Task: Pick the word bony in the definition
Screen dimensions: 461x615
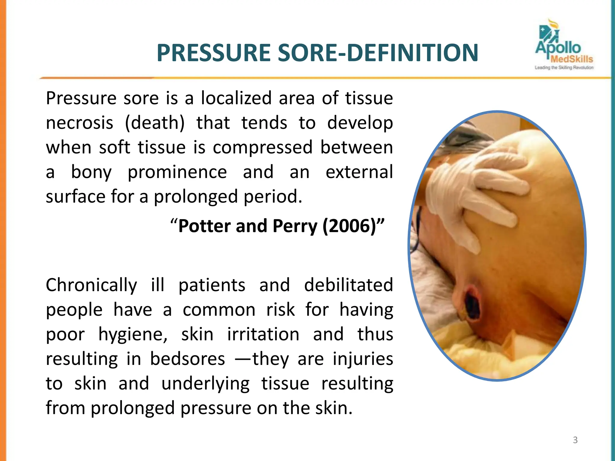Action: coord(91,172)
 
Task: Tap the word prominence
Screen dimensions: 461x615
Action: coord(177,172)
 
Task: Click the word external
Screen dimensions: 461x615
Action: coord(359,172)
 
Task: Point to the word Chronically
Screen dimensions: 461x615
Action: coord(91,285)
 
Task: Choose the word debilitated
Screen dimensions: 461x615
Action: coord(348,285)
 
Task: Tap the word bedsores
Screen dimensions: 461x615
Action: coord(187,359)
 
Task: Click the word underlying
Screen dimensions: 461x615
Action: coord(205,384)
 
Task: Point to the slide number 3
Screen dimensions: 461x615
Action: coord(575,440)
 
